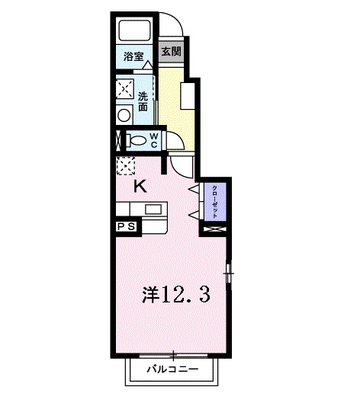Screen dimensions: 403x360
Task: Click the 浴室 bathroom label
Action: (x=133, y=55)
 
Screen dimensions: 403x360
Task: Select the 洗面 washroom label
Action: (x=143, y=101)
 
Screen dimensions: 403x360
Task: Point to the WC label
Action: (x=153, y=140)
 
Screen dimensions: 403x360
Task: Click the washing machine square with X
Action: (x=125, y=88)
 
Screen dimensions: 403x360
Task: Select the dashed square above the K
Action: (x=124, y=166)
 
